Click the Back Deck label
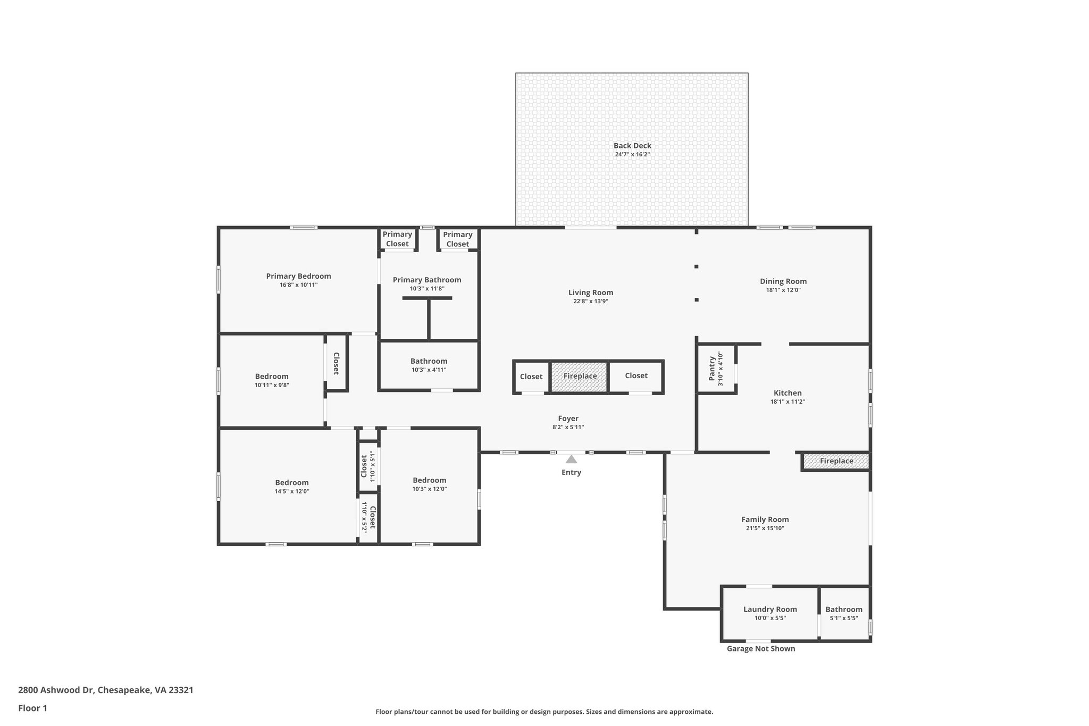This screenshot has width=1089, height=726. [632, 146]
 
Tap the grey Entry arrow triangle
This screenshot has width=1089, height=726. [571, 459]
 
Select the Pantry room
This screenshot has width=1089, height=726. [716, 369]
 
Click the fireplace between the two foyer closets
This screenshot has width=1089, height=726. [580, 377]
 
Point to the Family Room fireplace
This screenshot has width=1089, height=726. [836, 461]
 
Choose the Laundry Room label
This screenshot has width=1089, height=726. [770, 610]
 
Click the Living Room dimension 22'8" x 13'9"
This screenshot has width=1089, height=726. [590, 302]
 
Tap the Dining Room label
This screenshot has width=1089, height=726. [783, 281]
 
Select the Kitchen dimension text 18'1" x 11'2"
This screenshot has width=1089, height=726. [788, 402]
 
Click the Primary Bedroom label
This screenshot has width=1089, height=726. [298, 276]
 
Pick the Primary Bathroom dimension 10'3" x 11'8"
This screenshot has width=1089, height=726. [427, 289]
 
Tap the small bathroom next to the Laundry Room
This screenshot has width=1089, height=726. [844, 613]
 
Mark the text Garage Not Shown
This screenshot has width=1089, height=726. [761, 649]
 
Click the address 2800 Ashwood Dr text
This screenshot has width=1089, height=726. [105, 690]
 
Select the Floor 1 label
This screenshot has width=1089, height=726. [32, 708]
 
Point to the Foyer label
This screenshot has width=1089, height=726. [568, 419]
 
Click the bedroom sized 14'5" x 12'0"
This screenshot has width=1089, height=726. [291, 487]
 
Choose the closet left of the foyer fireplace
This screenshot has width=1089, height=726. [531, 377]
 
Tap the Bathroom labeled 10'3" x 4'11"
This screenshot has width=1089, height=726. [429, 365]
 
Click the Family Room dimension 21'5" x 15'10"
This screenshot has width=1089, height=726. [765, 529]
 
